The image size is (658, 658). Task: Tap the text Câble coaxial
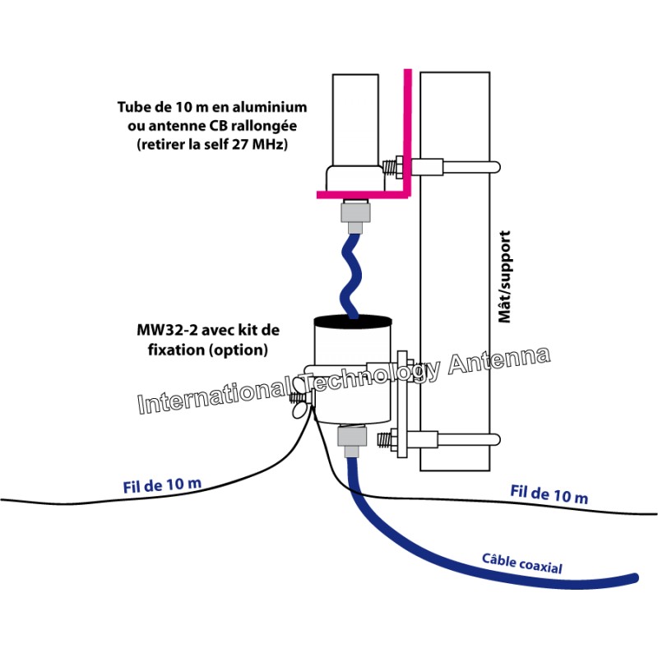(x=521, y=564)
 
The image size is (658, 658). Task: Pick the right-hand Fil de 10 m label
(x=549, y=494)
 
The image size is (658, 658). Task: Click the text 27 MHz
(x=271, y=144)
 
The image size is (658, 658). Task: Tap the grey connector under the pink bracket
(x=355, y=215)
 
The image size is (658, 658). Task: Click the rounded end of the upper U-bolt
(x=495, y=168)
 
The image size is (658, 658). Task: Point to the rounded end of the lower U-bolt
(x=495, y=439)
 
